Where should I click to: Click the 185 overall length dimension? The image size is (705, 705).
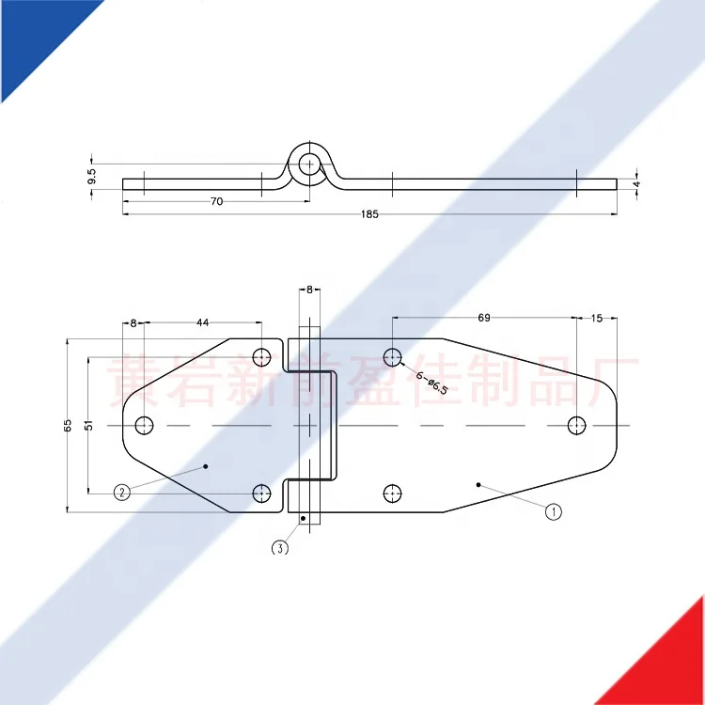point(368,214)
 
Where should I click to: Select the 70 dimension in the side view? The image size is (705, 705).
point(216,201)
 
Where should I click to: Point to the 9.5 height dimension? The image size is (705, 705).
point(91,175)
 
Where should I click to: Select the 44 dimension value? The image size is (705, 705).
point(202,322)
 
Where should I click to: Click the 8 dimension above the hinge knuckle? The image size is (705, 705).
point(308,290)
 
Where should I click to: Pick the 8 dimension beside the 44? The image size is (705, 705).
point(133,322)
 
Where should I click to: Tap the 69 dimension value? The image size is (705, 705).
point(484,318)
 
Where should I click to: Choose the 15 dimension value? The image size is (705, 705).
point(596,318)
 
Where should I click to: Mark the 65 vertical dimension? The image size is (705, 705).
point(68,426)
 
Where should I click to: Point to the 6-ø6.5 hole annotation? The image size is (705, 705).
point(431,382)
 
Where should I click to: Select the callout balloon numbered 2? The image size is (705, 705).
point(121,491)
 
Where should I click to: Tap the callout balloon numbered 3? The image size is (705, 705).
point(279,548)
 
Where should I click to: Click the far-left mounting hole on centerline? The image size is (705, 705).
point(144,426)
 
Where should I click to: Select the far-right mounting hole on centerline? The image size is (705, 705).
point(576,426)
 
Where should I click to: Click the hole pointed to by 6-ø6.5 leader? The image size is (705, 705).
point(393,356)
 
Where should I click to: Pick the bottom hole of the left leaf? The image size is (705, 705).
point(262,493)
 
